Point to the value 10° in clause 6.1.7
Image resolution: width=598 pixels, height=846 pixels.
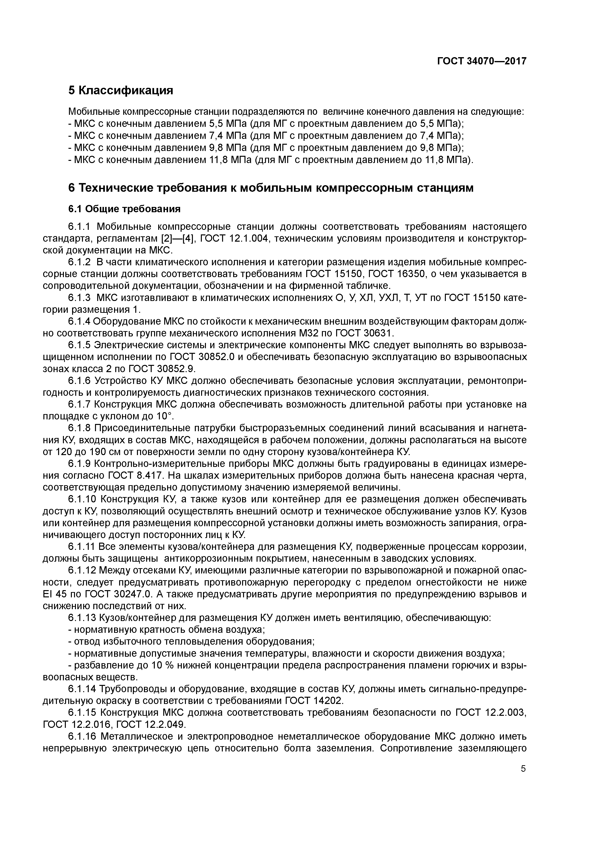point(165,416)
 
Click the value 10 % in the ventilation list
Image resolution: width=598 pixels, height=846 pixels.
point(161,665)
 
